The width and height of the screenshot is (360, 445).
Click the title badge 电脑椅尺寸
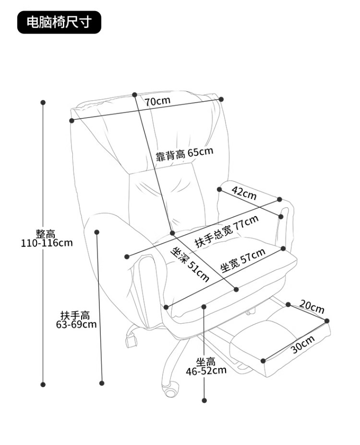point(60,23)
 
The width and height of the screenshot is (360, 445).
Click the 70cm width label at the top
point(157,101)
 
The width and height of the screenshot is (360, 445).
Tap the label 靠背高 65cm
point(184,154)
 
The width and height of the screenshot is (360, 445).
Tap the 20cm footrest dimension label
point(312,305)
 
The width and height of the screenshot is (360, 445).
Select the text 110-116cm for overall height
point(47,243)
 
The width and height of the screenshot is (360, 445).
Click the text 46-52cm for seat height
point(206,370)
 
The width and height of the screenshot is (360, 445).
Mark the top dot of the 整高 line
point(43,102)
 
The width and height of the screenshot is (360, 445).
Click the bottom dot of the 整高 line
point(43,384)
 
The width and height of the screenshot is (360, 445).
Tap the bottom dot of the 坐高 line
point(204,400)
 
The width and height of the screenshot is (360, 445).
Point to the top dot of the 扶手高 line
point(96,232)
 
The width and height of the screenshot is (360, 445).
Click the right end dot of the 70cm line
point(222,99)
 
